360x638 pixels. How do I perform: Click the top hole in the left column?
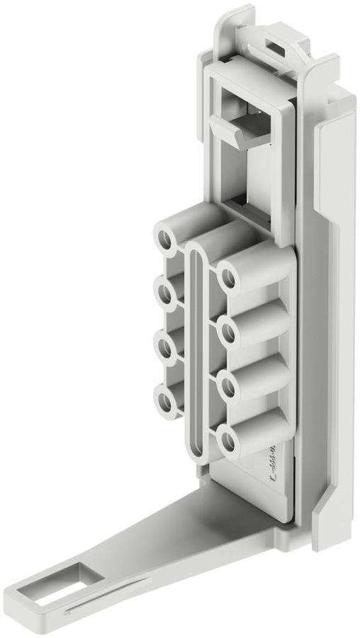point(167,240)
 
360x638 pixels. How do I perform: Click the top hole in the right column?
point(229,276)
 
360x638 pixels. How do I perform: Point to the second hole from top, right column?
point(229,330)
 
